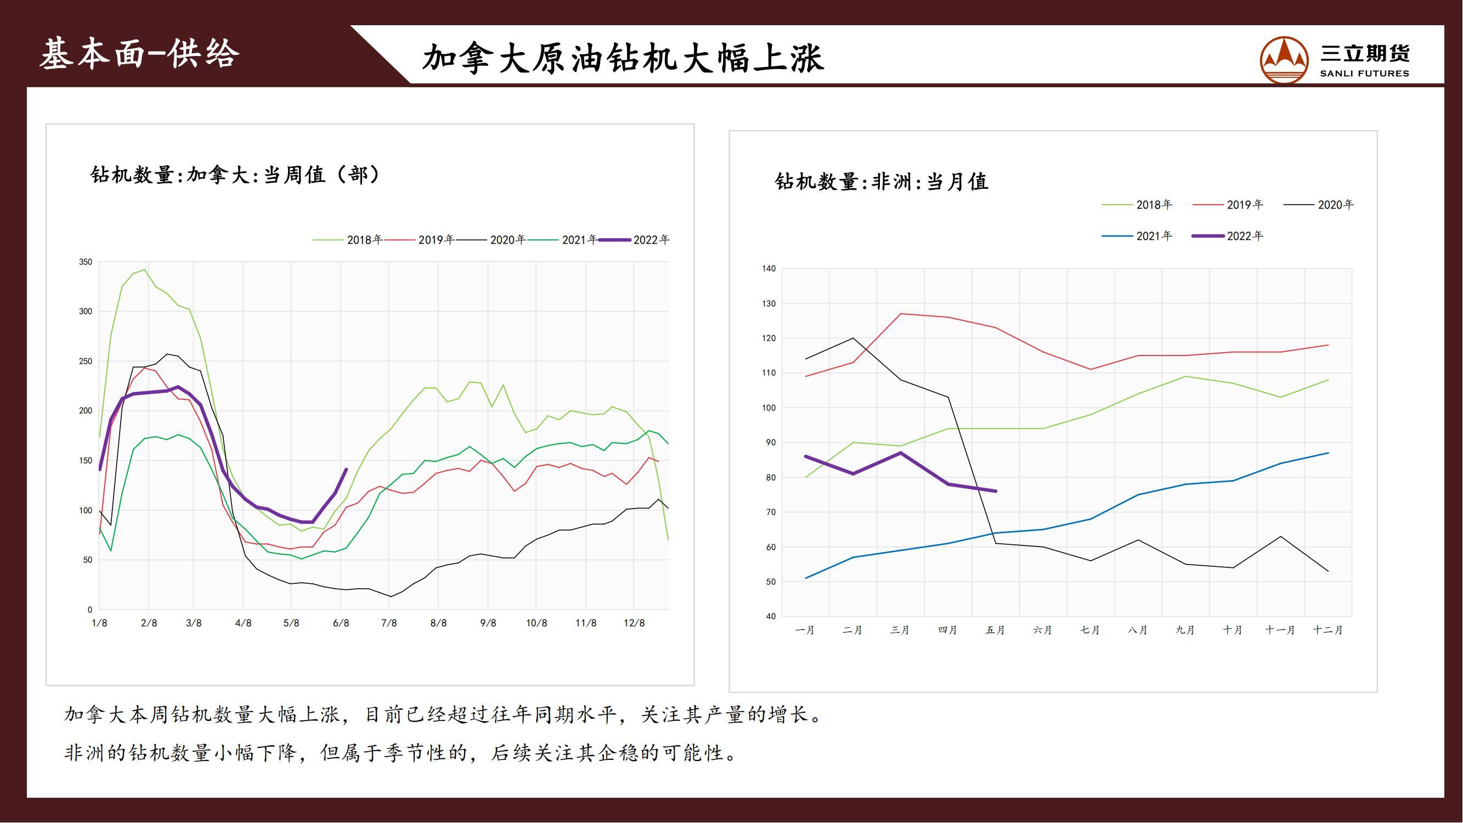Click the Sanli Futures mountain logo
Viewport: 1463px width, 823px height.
[1284, 60]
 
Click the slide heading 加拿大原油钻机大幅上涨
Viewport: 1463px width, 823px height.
[623, 58]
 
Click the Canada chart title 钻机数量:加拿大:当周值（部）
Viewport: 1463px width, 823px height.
[235, 174]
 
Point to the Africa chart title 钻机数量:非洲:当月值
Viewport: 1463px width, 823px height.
[882, 182]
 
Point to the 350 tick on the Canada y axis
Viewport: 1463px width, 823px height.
[86, 262]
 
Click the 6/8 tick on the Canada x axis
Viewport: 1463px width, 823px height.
[341, 623]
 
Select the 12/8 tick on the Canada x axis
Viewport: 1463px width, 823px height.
[634, 623]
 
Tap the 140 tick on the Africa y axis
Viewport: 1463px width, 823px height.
[769, 269]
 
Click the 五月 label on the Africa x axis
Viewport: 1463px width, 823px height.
[995, 630]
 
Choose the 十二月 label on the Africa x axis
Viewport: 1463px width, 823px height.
[1328, 630]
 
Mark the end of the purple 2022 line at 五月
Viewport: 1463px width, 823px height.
[996, 491]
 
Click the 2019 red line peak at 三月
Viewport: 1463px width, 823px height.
[901, 313]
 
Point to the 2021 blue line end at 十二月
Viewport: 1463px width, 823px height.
[1328, 453]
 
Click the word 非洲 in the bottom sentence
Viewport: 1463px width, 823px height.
[85, 753]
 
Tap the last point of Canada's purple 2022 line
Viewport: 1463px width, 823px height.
[346, 469]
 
